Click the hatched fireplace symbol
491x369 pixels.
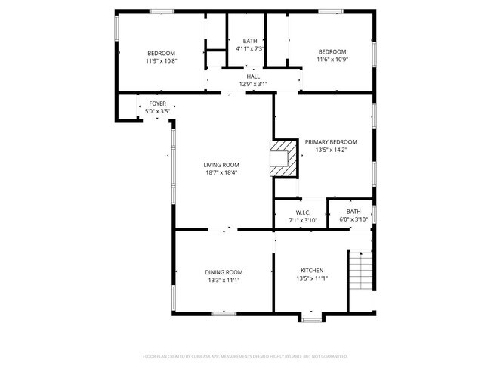pos(283,157)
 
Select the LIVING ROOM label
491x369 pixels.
pos(221,165)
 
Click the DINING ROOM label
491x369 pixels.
pos(224,271)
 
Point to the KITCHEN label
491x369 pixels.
pos(312,271)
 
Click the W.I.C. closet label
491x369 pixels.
pos(303,212)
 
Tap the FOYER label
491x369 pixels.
pos(157,104)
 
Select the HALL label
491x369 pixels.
pos(253,76)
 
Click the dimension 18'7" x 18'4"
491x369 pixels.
pos(221,173)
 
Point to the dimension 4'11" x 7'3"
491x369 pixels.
pos(250,49)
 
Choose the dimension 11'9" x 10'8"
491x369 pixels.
pos(161,60)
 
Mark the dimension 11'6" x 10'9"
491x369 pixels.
pos(331,60)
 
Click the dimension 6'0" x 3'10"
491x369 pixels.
pos(354,219)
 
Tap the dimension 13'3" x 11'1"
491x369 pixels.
pos(224,280)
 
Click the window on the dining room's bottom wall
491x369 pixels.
pos(224,312)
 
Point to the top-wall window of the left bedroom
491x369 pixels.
pos(161,11)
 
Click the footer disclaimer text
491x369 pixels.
pos(246,355)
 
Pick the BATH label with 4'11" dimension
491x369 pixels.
pos(250,41)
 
